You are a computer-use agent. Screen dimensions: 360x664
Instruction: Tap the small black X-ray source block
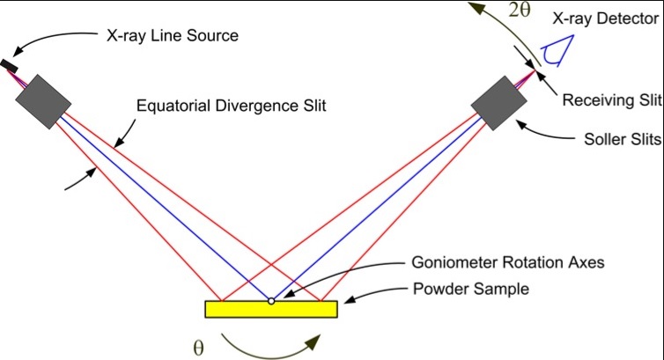(x=10, y=65)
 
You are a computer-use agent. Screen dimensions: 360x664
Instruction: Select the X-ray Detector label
(x=608, y=18)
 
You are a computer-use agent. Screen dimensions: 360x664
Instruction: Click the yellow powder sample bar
(x=271, y=309)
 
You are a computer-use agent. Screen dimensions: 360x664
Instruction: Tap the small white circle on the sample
(x=272, y=301)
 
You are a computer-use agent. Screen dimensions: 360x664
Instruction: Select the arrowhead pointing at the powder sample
(x=347, y=302)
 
